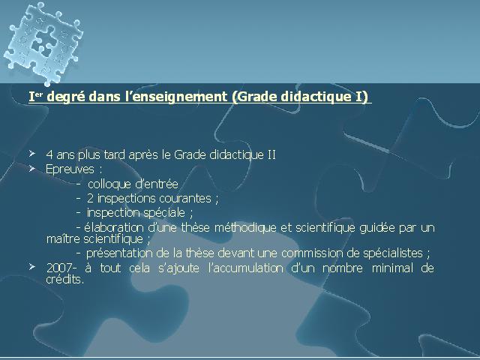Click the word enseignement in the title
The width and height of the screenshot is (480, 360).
pyautogui.click(x=181, y=97)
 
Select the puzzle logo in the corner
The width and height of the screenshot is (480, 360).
pyautogui.click(x=43, y=43)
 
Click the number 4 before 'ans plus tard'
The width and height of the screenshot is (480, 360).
pyautogui.click(x=49, y=155)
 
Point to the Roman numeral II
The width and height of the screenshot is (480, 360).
pyautogui.click(x=271, y=154)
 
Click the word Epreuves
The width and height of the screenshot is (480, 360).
pyautogui.click(x=70, y=169)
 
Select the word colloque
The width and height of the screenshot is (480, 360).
pyautogui.click(x=109, y=184)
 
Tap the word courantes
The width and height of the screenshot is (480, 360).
pyautogui.click(x=185, y=198)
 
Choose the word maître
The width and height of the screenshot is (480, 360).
pyautogui.click(x=63, y=238)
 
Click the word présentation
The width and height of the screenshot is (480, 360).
pyautogui.click(x=119, y=253)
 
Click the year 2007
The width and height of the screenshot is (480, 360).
pyautogui.click(x=59, y=268)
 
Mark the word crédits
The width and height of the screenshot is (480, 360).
pyautogui.click(x=64, y=279)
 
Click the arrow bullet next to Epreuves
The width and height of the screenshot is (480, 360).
pyautogui.click(x=32, y=168)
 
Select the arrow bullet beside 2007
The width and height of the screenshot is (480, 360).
pyautogui.click(x=32, y=267)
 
